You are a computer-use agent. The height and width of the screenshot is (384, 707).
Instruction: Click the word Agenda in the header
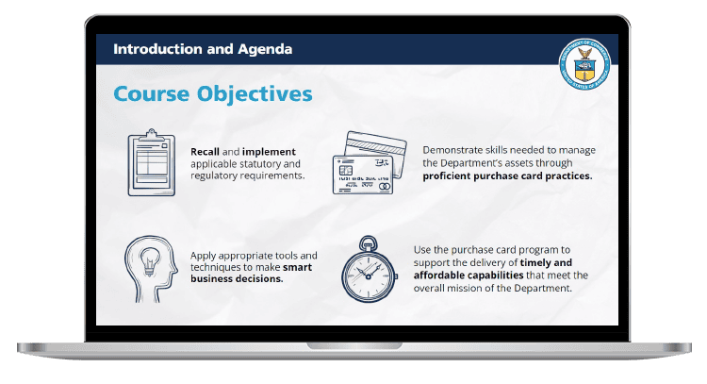point(265,49)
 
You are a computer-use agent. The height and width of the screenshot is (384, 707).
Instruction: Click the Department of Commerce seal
point(584,63)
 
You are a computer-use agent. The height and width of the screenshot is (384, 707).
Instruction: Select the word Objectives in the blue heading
point(255,94)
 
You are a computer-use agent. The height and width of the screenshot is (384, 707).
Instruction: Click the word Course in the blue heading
point(152,94)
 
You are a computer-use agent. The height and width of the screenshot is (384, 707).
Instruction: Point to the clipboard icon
point(152,162)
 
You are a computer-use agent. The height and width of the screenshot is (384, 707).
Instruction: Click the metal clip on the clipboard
point(152,134)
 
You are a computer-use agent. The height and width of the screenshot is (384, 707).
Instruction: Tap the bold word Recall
point(205,152)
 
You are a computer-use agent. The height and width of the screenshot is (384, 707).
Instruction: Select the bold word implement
point(269,152)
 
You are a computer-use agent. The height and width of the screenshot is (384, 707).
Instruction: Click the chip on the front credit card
point(346,171)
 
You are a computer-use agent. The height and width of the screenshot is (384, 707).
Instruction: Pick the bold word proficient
point(447,176)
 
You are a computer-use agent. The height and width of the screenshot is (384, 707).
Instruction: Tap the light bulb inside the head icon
point(149,261)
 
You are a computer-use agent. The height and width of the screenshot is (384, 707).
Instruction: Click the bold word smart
point(297,267)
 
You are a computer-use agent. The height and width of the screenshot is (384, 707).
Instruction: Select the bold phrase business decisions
point(237,279)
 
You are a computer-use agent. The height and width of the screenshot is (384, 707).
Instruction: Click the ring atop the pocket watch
point(369,242)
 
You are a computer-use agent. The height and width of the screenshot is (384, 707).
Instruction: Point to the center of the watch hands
point(369,276)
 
